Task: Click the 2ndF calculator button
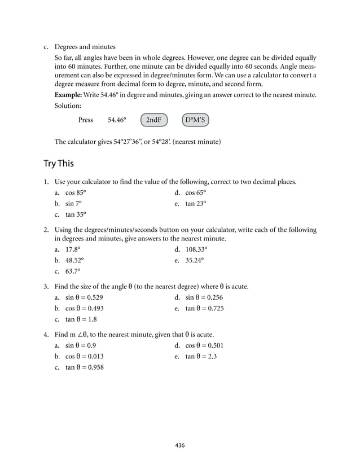click(x=153, y=120)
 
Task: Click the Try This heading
click(x=59, y=164)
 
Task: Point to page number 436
click(x=179, y=445)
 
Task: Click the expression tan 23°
click(x=196, y=203)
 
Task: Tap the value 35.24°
click(x=195, y=260)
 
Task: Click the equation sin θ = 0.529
click(x=84, y=297)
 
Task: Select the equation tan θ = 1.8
click(x=81, y=319)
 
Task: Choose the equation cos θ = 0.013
click(x=85, y=356)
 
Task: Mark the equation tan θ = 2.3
click(x=201, y=356)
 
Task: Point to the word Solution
click(x=68, y=106)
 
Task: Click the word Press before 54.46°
click(x=86, y=120)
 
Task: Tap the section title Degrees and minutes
click(x=85, y=46)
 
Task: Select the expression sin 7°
click(x=74, y=203)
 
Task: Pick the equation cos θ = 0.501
click(x=204, y=345)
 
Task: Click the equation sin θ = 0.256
click(x=204, y=297)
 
